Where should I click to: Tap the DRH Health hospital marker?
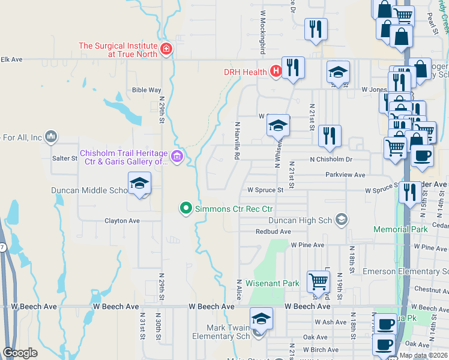pos(276,72)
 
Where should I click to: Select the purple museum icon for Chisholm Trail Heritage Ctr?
pos(176,157)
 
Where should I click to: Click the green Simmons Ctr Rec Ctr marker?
pos(186,208)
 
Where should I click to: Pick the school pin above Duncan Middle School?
pos(139,184)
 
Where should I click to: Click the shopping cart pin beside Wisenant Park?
pos(318,281)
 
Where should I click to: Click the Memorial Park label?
pos(400,229)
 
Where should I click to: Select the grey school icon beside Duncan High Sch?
pos(342,220)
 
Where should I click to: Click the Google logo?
pos(20,353)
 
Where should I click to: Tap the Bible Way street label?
pos(146,90)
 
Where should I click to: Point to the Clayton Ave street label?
pos(122,221)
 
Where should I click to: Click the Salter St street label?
pos(65,158)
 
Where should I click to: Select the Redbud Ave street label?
pos(273,232)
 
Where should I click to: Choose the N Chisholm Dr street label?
pos(331,160)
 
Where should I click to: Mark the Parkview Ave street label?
pos(345,175)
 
